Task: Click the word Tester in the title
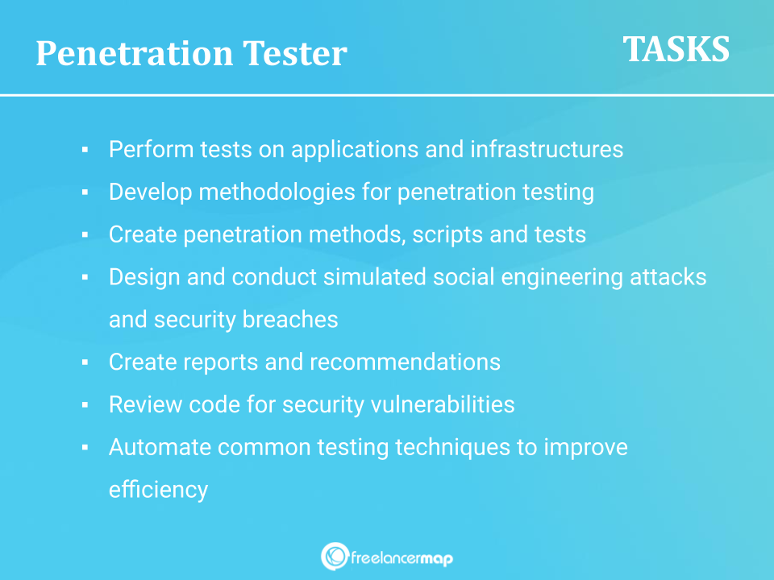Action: click(x=295, y=53)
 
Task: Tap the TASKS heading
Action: click(x=676, y=49)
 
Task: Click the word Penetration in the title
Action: click(x=135, y=53)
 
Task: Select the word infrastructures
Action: click(x=547, y=149)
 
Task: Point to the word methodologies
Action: click(x=277, y=193)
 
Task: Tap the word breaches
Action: click(x=290, y=320)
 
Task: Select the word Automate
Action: click(x=160, y=447)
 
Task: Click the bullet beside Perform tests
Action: click(x=85, y=150)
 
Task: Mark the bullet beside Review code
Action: click(x=85, y=405)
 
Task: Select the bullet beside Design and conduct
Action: click(x=85, y=277)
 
